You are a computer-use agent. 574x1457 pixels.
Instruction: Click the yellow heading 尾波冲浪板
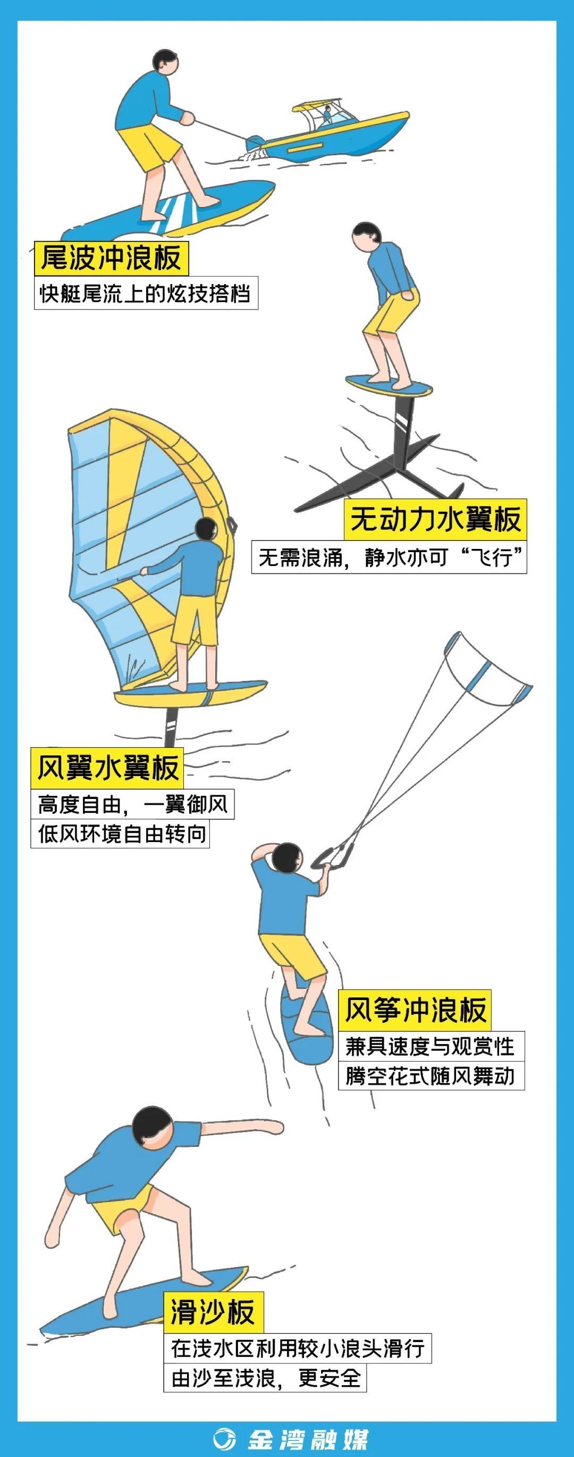pos(111,259)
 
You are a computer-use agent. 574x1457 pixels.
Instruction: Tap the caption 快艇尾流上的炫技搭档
pos(146,294)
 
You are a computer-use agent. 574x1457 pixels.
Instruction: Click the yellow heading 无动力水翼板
pos(435,519)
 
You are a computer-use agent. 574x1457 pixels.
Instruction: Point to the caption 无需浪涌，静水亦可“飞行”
pos(389,557)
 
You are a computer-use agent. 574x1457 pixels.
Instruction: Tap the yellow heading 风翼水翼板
pos(107,768)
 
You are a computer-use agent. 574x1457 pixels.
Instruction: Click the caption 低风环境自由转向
pos(120,834)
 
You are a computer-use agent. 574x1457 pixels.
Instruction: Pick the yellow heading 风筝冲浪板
pos(415,1010)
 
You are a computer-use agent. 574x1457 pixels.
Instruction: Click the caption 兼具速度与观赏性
pos(431,1046)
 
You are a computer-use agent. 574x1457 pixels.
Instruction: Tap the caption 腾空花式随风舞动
pos(431,1076)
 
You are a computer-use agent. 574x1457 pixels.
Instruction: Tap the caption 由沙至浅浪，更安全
pos(265,1378)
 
